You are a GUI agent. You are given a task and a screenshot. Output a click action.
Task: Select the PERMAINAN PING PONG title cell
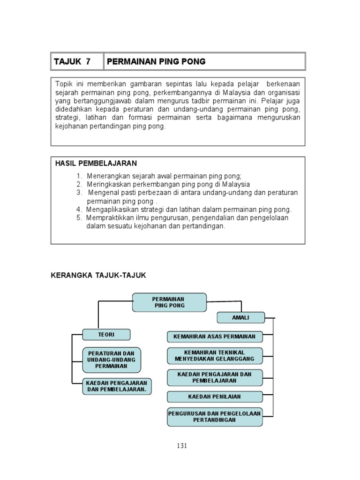click(157, 61)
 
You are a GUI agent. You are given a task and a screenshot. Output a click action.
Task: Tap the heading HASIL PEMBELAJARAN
click(96, 163)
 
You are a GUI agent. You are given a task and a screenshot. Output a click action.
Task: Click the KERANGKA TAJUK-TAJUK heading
click(98, 276)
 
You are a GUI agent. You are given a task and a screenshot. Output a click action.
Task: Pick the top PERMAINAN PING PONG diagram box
click(169, 302)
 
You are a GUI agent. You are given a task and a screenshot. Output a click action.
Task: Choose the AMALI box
click(240, 318)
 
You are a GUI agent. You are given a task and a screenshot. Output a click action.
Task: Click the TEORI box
click(106, 335)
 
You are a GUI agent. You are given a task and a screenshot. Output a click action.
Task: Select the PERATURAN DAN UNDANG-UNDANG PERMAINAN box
click(111, 359)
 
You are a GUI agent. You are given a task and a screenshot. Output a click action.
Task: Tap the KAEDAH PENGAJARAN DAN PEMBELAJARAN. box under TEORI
click(117, 386)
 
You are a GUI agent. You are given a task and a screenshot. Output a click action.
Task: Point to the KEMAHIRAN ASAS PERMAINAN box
click(215, 337)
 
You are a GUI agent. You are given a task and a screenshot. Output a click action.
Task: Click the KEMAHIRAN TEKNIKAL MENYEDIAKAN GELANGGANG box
click(215, 355)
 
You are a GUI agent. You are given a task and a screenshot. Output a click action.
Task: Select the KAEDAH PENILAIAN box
click(215, 397)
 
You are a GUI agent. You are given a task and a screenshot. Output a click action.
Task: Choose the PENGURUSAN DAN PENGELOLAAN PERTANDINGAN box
click(215, 416)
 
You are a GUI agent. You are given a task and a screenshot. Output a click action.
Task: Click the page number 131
click(182, 446)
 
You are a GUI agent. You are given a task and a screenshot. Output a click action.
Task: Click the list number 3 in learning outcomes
click(79, 193)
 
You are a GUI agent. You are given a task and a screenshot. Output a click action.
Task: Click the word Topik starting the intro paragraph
click(64, 84)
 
